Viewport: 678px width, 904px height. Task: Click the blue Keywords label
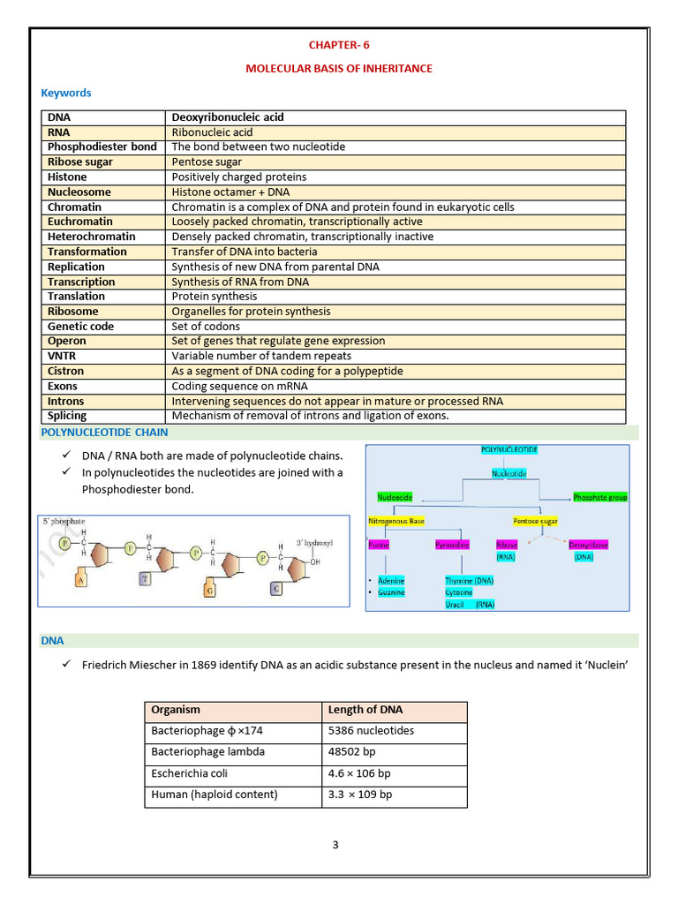[x=66, y=93]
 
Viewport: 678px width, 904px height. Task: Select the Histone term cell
[x=68, y=177]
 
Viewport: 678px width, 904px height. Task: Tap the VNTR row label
[x=63, y=356]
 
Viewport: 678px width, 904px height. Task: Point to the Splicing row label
[x=67, y=415]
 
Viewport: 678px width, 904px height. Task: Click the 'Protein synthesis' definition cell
[x=215, y=296]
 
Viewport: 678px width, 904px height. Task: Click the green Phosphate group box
[x=599, y=497]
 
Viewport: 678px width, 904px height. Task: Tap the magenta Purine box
[x=379, y=545]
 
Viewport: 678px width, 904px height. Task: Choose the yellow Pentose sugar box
[x=536, y=521]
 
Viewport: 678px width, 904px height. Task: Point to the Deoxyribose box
[x=588, y=545]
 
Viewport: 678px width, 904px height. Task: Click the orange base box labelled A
[x=81, y=580]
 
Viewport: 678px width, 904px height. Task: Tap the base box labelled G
[x=209, y=590]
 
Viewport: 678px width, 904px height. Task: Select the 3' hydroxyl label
[x=313, y=542]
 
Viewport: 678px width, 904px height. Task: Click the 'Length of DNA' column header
[x=365, y=710]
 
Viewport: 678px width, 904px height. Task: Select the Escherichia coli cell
[x=190, y=773]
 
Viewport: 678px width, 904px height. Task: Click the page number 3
[x=335, y=845]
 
